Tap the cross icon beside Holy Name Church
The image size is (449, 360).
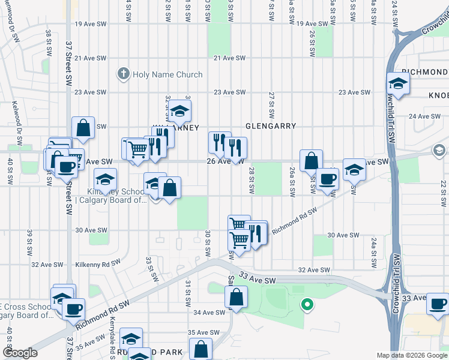[x=124, y=74]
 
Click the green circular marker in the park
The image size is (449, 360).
[x=307, y=305]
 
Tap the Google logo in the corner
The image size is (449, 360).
[x=20, y=353]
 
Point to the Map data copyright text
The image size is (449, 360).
[x=412, y=355]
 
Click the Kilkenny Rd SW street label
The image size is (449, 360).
[x=98, y=264]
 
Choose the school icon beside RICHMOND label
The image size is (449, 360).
[x=397, y=83]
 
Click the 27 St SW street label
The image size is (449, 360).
[x=272, y=100]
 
